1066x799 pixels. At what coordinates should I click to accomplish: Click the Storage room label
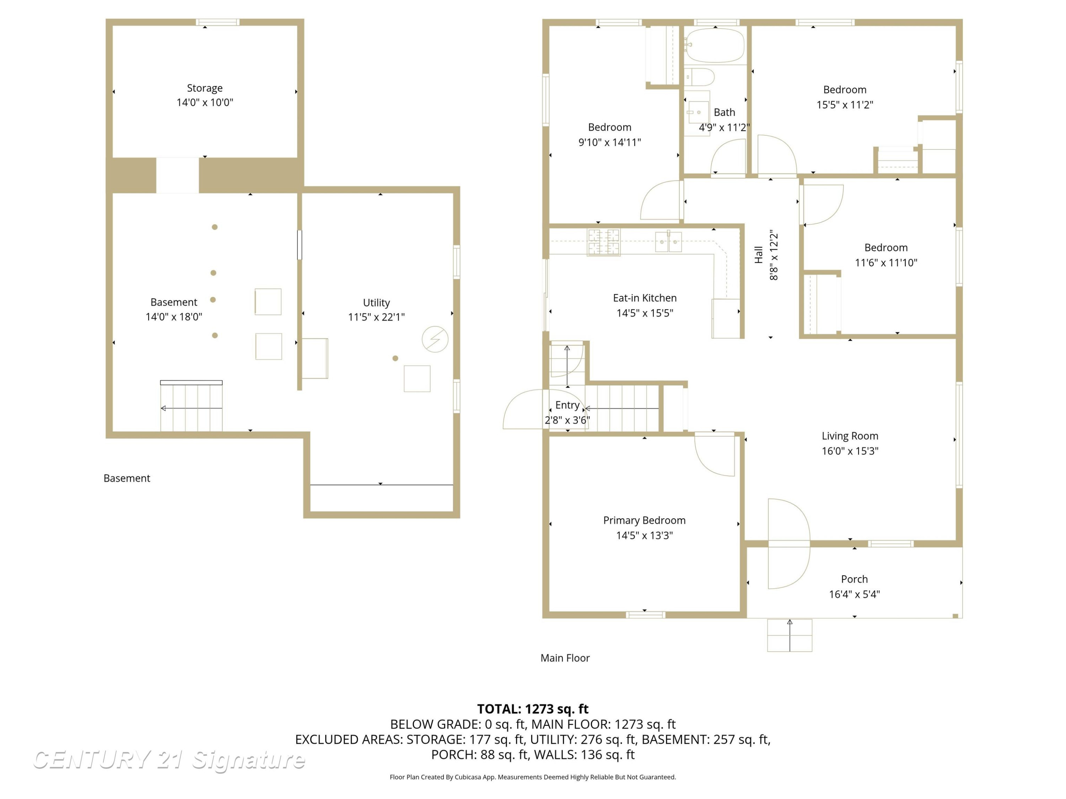tap(205, 88)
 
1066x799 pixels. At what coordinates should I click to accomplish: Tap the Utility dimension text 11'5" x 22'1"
tap(376, 317)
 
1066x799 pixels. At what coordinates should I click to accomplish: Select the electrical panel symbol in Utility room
tap(435, 339)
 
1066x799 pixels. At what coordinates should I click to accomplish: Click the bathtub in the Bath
tap(715, 45)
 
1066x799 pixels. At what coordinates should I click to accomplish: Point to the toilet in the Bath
tap(699, 77)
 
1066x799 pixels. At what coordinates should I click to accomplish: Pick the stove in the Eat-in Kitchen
tap(603, 242)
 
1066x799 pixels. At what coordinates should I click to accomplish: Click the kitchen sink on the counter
tap(668, 242)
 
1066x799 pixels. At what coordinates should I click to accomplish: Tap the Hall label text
tap(759, 255)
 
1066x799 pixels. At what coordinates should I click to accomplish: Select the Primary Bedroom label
tap(644, 520)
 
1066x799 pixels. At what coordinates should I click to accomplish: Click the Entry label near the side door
tap(567, 405)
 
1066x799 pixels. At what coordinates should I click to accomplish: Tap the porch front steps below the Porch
tap(790, 635)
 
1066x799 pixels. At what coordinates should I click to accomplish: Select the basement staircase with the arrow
tap(191, 406)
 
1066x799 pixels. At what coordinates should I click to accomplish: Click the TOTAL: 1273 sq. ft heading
tap(533, 709)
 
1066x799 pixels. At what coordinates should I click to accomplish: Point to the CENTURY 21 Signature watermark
tap(169, 760)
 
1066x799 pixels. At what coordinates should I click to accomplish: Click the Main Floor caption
tap(565, 658)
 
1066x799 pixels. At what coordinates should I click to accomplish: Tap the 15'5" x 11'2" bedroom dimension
tap(845, 104)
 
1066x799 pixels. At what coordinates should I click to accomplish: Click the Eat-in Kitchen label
tap(645, 298)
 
